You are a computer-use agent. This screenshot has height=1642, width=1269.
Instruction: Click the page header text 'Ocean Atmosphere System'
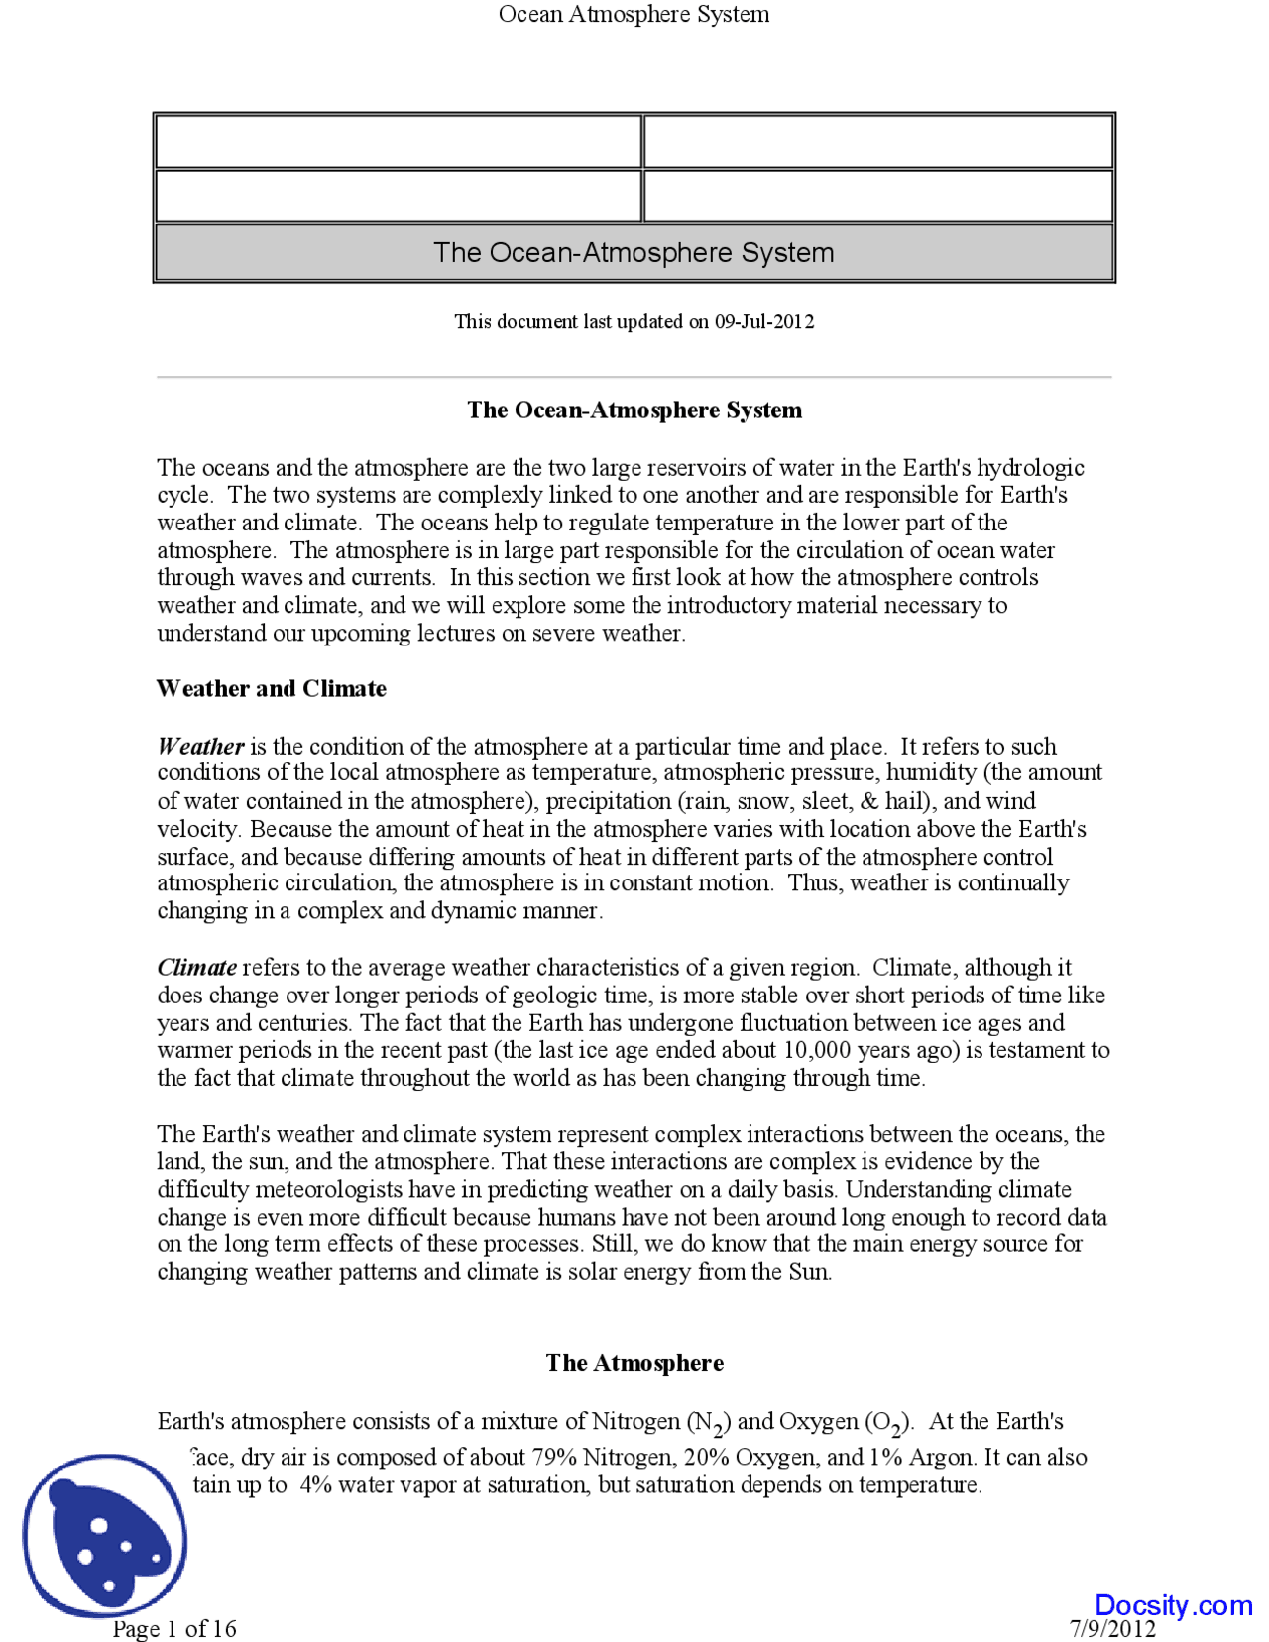[x=634, y=14]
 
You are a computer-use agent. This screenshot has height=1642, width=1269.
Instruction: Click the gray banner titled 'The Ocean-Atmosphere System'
[x=634, y=253]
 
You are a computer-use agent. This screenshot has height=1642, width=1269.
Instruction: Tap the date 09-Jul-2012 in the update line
[x=763, y=322]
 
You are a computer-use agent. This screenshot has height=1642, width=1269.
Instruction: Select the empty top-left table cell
[x=398, y=141]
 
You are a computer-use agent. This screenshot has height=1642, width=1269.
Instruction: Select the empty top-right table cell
[x=878, y=141]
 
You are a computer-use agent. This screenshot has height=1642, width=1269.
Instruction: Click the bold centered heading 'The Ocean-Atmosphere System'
[x=634, y=410]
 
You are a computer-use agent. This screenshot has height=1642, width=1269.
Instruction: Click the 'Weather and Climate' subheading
[x=271, y=689]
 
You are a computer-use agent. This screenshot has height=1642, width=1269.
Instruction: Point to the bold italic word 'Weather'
[x=200, y=747]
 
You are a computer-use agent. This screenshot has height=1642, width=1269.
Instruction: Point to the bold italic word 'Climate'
[x=196, y=968]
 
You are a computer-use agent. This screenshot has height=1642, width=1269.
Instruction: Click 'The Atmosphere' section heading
[x=634, y=1364]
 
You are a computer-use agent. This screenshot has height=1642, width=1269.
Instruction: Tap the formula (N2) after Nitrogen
[x=709, y=1424]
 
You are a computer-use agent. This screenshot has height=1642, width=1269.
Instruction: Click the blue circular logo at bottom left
[x=104, y=1537]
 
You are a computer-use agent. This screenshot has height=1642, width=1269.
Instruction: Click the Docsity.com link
[x=1173, y=1605]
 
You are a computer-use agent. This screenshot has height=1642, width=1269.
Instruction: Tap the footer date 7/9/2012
[x=1112, y=1628]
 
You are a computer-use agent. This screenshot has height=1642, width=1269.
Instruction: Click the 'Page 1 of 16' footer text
[x=174, y=1628]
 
